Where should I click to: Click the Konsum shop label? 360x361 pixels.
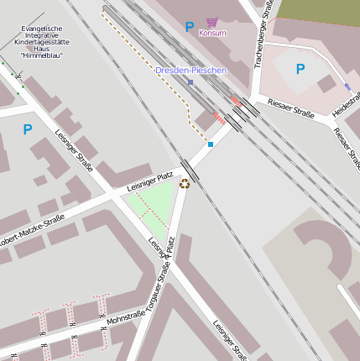click(x=212, y=33)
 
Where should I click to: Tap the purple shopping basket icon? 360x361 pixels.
click(x=212, y=22)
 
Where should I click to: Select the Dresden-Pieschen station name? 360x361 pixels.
click(x=190, y=71)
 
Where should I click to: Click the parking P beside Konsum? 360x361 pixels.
click(x=190, y=28)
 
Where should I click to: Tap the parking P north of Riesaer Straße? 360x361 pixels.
click(x=300, y=69)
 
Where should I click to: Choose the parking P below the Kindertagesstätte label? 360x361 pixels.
click(x=28, y=129)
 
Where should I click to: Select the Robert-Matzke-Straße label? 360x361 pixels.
click(x=32, y=228)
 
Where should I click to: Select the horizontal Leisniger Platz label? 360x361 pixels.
click(x=149, y=180)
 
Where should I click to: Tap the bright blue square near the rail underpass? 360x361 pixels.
click(x=211, y=144)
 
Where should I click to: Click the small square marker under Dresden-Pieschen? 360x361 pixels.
click(x=190, y=82)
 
